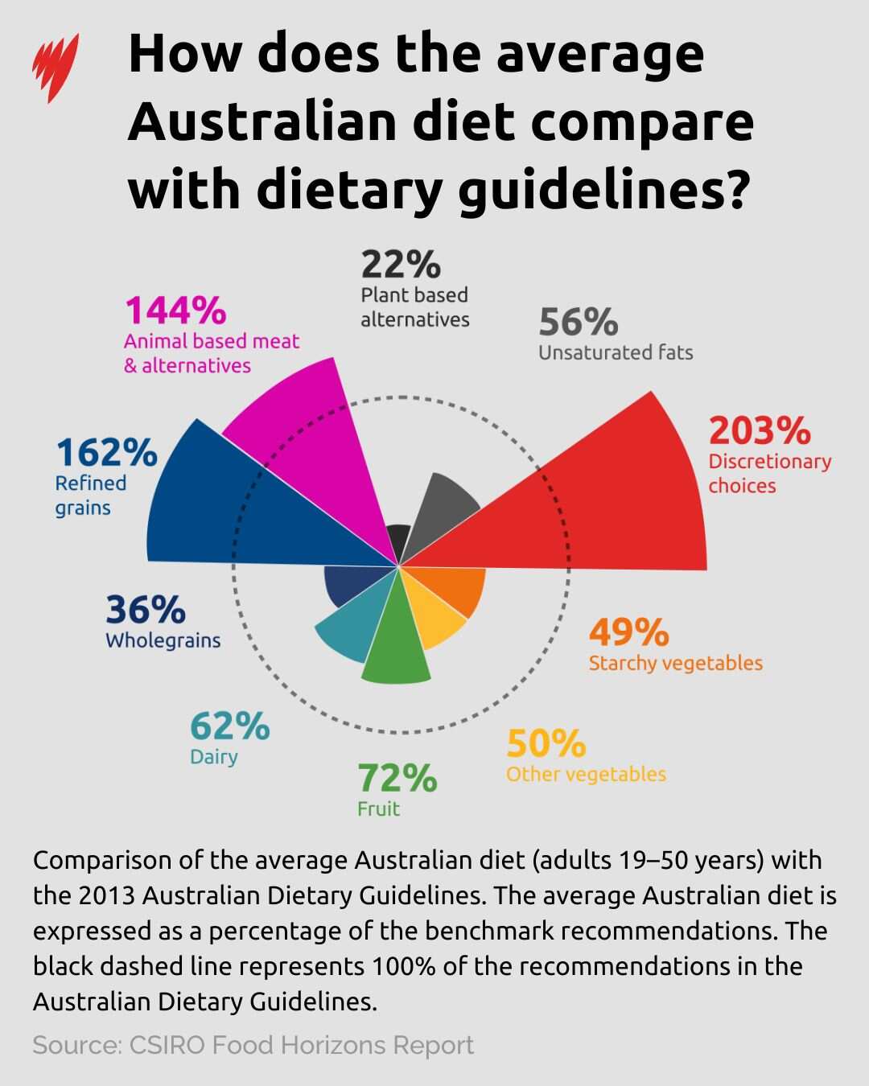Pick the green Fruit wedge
(x=394, y=644)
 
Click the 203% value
(x=760, y=430)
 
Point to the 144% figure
(x=175, y=311)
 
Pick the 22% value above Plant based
(x=401, y=265)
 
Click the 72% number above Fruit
(x=397, y=779)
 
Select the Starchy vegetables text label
(x=676, y=663)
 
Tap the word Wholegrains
(x=163, y=640)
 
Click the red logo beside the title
(x=56, y=68)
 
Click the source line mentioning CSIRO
(x=253, y=1045)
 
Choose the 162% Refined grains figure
(x=106, y=453)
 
